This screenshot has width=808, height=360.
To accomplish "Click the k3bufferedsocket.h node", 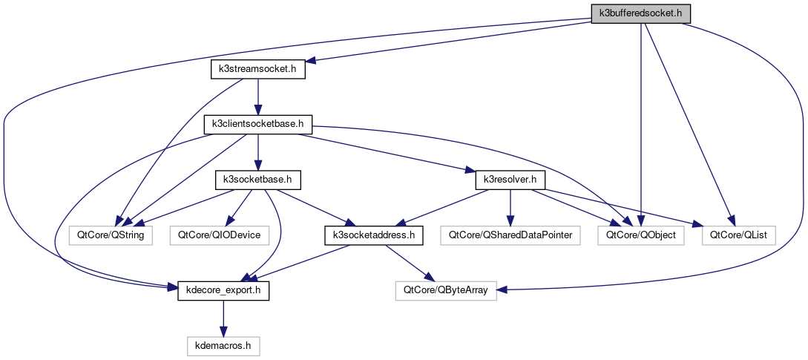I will point(640,13).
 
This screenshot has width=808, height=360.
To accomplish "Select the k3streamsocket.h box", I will point(257,70).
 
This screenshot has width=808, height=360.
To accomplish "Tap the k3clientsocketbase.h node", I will point(257,124).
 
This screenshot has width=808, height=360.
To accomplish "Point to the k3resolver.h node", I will point(510,180).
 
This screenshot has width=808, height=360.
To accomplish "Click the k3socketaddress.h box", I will point(374,235).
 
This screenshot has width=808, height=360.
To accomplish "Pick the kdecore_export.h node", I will point(223,290).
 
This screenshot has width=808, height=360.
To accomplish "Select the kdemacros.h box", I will point(223,345).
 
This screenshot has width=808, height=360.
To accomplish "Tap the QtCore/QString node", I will point(111,235).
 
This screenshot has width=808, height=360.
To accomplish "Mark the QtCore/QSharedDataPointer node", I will point(510,235).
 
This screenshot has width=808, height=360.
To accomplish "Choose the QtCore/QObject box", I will point(631,235).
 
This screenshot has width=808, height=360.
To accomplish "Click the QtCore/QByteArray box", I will point(446,290).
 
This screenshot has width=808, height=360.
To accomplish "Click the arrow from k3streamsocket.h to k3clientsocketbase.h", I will point(257,96).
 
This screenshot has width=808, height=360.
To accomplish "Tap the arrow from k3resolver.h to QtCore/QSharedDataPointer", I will point(510,207).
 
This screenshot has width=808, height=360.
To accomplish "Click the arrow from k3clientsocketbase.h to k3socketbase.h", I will point(257,151).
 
